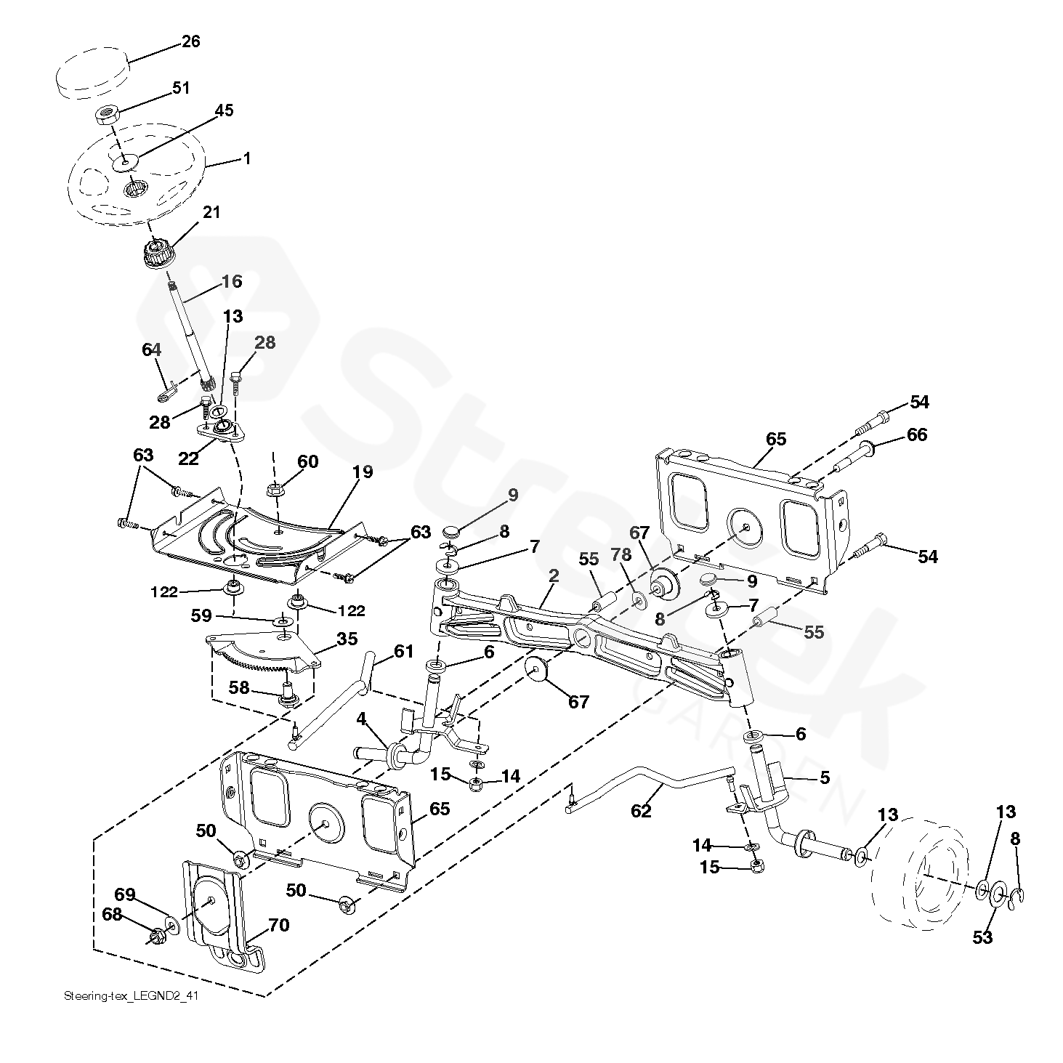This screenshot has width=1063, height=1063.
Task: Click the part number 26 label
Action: (x=190, y=41)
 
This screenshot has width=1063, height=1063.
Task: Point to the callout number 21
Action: (x=211, y=212)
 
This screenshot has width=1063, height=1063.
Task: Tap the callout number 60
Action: (x=307, y=461)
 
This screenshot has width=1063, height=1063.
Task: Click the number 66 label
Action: (x=917, y=435)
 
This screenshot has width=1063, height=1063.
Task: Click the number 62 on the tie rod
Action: (x=641, y=810)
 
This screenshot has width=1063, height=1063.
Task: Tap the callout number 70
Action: (x=278, y=925)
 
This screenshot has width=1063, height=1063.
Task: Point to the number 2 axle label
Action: (x=554, y=575)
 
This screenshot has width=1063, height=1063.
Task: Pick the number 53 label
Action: (x=982, y=937)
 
